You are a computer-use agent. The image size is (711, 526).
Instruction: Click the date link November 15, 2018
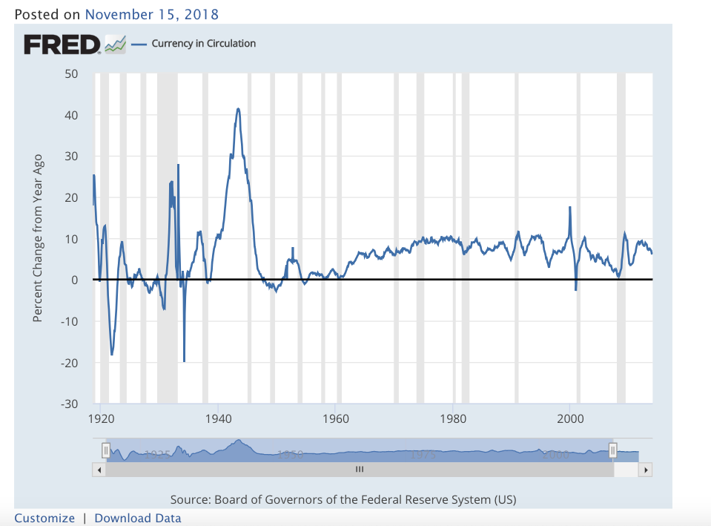pyautogui.click(x=152, y=14)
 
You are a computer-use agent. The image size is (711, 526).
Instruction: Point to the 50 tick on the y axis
pyautogui.click(x=71, y=74)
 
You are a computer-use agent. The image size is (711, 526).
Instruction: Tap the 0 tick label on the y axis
pyautogui.click(x=75, y=280)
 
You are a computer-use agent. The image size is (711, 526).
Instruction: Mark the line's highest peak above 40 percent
pyautogui.click(x=238, y=109)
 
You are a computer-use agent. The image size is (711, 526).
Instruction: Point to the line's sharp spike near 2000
pyautogui.click(x=569, y=208)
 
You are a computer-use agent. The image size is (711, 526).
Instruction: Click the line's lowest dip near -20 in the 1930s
pyautogui.click(x=184, y=361)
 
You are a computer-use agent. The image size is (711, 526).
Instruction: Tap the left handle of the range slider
pyautogui.click(x=105, y=450)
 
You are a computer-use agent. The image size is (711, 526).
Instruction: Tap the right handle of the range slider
pyautogui.click(x=612, y=450)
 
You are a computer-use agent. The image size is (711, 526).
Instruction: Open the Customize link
pyautogui.click(x=44, y=519)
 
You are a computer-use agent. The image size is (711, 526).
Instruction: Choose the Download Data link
pyautogui.click(x=138, y=519)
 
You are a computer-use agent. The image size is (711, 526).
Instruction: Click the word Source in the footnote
pyautogui.click(x=189, y=499)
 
